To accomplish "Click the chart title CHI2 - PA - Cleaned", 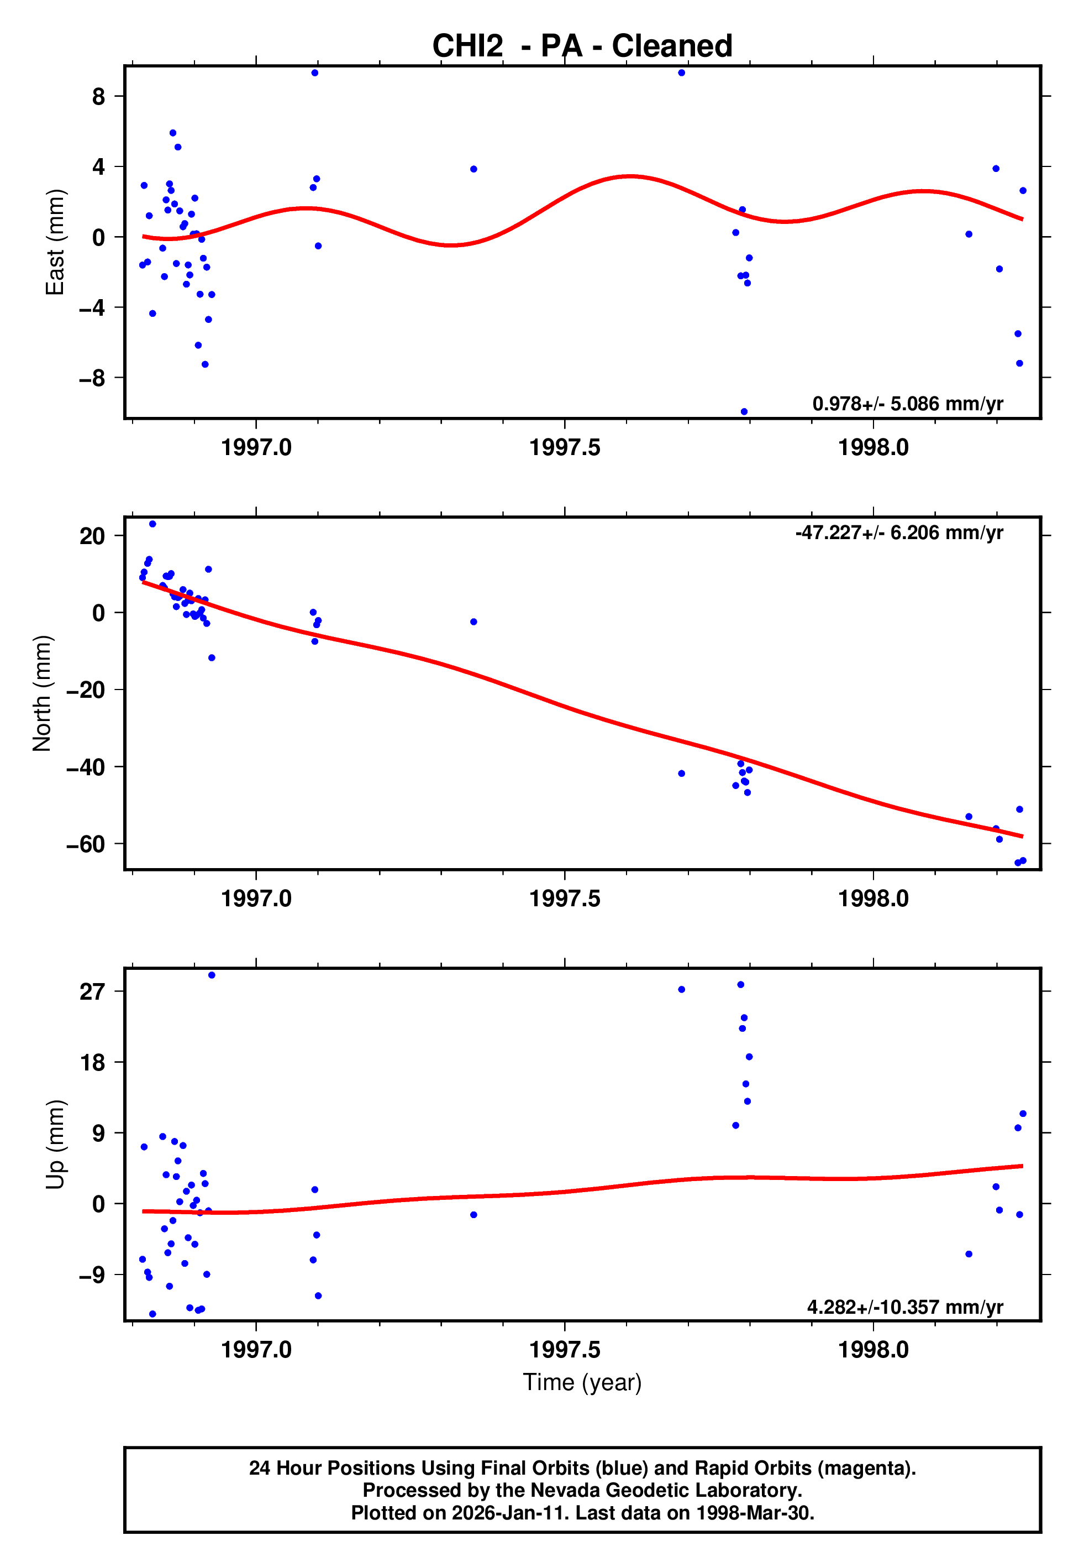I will point(582,46).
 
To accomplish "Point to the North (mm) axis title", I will point(42,693).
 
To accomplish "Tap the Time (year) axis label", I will point(582,1382).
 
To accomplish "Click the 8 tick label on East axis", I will point(99,97).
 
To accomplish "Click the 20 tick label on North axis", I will point(92,536).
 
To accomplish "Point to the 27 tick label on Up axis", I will point(92,991).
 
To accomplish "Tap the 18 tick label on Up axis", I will point(92,1062).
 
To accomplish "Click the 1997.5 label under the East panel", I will point(565,447).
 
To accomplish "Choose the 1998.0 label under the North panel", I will point(873,899).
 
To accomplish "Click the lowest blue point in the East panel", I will point(744,412).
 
